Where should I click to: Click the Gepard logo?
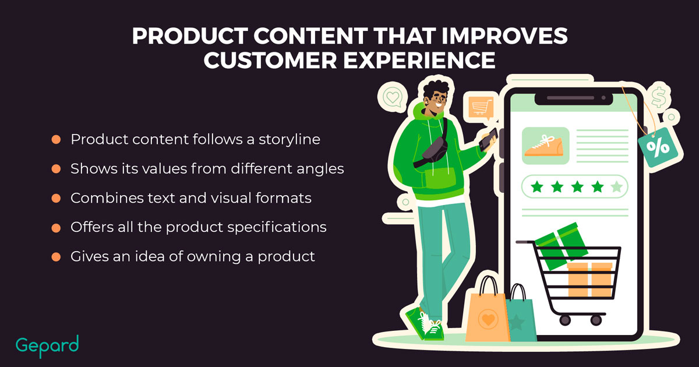tap(47, 346)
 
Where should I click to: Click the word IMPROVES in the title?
tap(504, 36)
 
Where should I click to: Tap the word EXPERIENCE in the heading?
tap(419, 60)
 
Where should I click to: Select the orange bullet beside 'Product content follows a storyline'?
tap(56, 139)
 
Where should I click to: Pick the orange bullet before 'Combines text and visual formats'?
tap(56, 198)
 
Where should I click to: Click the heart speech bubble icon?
tap(392, 97)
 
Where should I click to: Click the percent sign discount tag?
tap(658, 147)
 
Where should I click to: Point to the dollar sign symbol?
tap(658, 97)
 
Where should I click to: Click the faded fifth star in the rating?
tap(617, 186)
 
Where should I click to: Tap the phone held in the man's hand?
tap(488, 140)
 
